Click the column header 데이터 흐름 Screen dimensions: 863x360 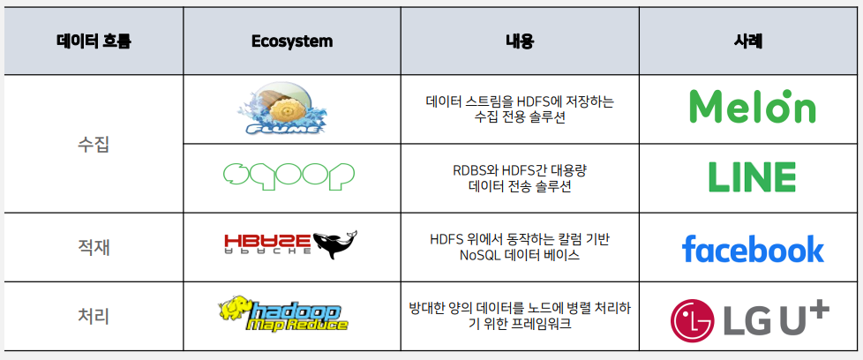click(x=94, y=41)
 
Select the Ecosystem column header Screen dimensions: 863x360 click(x=292, y=41)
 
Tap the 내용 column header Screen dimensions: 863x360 click(x=520, y=41)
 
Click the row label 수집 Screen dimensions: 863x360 click(x=94, y=144)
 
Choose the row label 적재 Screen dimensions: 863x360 click(x=94, y=247)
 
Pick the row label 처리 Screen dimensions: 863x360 click(x=94, y=316)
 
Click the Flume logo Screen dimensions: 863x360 click(x=281, y=109)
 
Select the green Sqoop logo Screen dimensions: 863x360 click(x=289, y=177)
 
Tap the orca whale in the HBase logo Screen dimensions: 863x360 click(x=334, y=244)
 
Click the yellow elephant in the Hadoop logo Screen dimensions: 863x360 click(x=236, y=308)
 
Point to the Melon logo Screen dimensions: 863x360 click(x=753, y=106)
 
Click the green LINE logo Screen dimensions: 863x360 click(x=752, y=177)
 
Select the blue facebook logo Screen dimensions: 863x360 click(x=753, y=248)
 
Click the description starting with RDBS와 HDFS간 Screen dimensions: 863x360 click(x=520, y=178)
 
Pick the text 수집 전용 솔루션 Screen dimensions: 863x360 click(x=520, y=117)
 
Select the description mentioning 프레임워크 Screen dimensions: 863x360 click(x=520, y=316)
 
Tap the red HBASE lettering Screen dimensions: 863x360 click(x=267, y=240)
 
